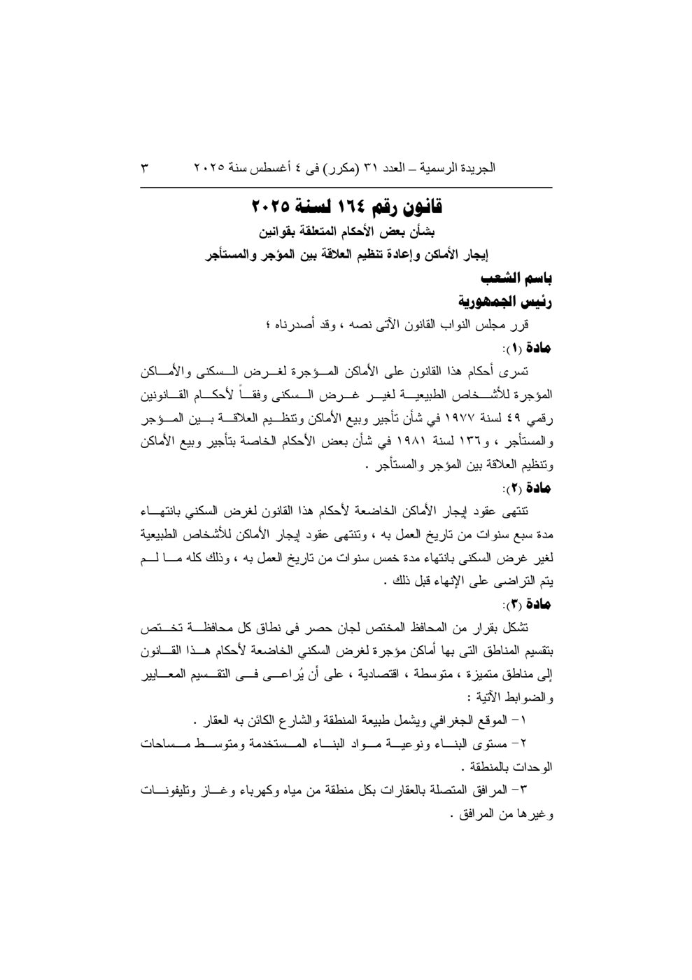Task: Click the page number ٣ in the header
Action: (146, 168)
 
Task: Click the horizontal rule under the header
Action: (346, 187)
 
